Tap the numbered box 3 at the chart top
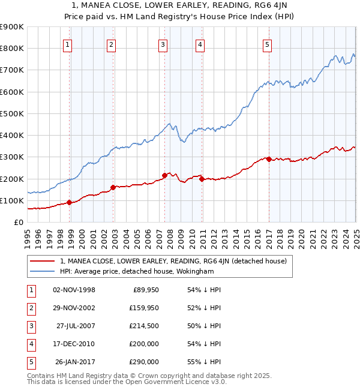coord(163,44)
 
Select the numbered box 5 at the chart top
coord(267,44)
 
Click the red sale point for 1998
coord(70,202)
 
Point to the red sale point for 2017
coord(269,159)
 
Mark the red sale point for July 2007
coord(164,175)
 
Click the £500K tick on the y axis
coord(13,113)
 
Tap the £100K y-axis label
coord(13,200)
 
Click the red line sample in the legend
coord(43,261)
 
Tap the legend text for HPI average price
coord(137,271)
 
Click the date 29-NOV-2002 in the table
coord(74,308)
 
